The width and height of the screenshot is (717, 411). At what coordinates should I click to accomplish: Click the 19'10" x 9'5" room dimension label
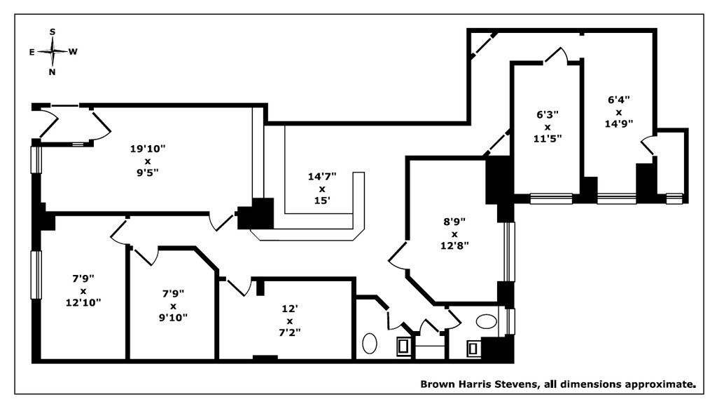point(147,161)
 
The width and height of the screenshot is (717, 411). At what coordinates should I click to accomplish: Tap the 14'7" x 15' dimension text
point(322,189)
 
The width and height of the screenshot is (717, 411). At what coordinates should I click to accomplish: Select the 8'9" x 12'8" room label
point(454,234)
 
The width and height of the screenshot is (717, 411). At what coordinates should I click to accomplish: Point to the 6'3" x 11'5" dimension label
point(548,126)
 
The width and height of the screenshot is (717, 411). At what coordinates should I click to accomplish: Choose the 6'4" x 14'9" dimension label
point(619,112)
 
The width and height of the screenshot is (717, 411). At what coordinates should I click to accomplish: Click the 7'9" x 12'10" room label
point(83,290)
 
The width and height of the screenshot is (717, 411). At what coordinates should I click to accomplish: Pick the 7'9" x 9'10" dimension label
point(174,306)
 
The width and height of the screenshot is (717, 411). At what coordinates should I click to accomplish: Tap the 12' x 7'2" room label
point(289,321)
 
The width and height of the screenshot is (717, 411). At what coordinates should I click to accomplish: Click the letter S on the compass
point(53,32)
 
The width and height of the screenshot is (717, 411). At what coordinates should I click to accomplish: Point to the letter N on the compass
point(52,72)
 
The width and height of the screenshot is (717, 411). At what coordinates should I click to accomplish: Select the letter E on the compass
point(32,52)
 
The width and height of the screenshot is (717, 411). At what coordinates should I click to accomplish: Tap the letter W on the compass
point(73,52)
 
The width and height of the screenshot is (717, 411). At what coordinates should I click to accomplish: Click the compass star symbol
point(53,52)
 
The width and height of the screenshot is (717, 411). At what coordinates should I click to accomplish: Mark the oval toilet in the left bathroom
point(370,343)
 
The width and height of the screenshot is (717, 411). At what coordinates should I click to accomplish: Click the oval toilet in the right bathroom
point(486,321)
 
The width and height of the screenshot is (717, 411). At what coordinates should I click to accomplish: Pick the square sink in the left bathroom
point(403,346)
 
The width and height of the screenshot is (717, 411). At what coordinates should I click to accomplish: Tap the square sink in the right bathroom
point(473,349)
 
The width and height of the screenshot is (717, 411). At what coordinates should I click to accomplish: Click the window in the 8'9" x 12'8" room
point(509,252)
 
